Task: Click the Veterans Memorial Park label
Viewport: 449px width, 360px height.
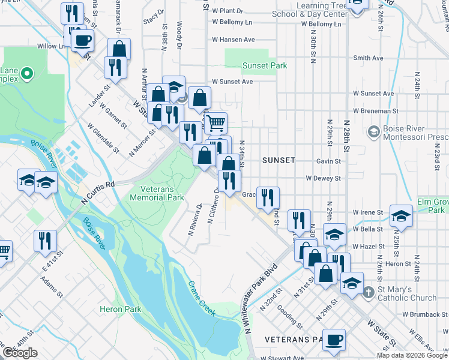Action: [157, 193]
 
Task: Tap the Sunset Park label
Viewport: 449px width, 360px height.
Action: [265, 65]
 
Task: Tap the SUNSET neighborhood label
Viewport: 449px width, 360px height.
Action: [279, 160]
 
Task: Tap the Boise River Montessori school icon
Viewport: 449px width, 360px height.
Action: [373, 131]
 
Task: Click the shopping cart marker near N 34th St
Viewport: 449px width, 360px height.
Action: [216, 123]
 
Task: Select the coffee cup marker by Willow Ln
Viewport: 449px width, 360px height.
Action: [82, 41]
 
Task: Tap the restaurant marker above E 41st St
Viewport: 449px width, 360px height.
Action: [45, 241]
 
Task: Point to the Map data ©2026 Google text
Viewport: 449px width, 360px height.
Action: [412, 355]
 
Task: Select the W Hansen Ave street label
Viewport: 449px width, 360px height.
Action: [233, 40]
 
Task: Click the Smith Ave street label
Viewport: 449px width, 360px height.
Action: [368, 58]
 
